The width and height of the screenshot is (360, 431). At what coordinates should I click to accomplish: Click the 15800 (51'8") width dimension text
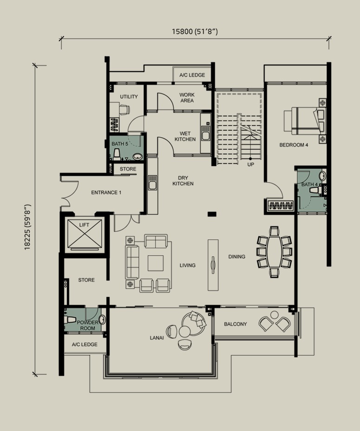[195, 32]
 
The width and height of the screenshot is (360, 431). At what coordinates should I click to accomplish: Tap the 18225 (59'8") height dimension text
[27, 227]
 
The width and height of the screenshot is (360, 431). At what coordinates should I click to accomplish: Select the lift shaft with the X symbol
[85, 234]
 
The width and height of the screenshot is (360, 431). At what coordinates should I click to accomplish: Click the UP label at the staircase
[250, 165]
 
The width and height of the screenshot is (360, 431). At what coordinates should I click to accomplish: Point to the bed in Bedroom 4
[305, 121]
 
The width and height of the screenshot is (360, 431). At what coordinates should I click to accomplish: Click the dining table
[275, 252]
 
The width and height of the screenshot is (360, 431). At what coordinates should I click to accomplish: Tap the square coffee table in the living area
[156, 263]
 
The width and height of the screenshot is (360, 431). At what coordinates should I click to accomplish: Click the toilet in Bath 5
[117, 154]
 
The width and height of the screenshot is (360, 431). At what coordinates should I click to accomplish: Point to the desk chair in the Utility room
[124, 109]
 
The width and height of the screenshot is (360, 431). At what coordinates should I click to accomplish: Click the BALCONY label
[236, 324]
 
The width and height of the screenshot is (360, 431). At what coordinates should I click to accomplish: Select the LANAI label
[157, 338]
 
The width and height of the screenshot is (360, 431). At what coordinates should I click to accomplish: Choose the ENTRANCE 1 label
[106, 192]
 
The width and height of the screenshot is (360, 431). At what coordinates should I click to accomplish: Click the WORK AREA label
[187, 98]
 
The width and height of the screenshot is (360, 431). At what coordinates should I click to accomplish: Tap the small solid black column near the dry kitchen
[212, 214]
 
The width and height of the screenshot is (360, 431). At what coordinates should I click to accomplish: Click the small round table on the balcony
[274, 315]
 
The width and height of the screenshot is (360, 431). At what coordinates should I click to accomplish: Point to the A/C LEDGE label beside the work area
[192, 75]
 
